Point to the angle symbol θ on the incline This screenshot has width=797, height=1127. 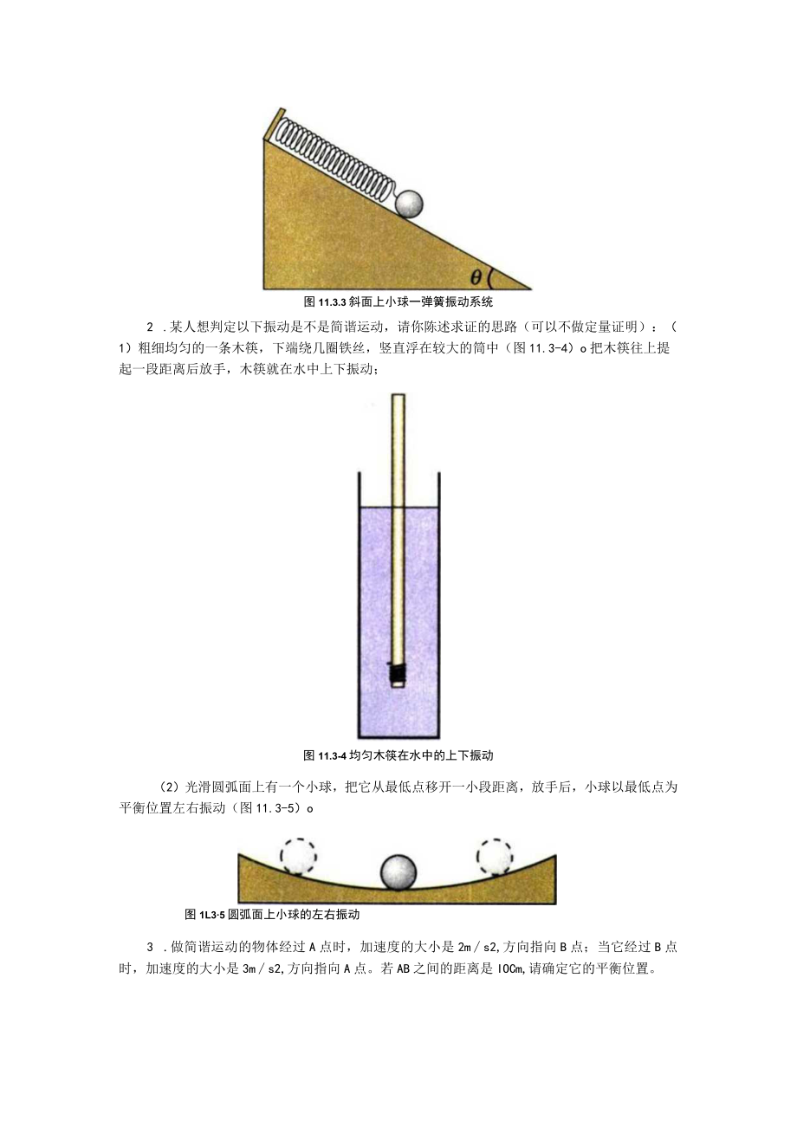coord(476,277)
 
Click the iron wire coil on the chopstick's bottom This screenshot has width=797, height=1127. coord(398,672)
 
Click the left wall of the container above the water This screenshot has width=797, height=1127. coord(358,489)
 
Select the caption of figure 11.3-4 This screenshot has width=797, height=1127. coord(398,755)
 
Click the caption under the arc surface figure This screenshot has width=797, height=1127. coord(272,914)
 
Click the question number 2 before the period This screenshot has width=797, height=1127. coord(150,327)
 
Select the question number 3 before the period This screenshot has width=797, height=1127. coord(150,947)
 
